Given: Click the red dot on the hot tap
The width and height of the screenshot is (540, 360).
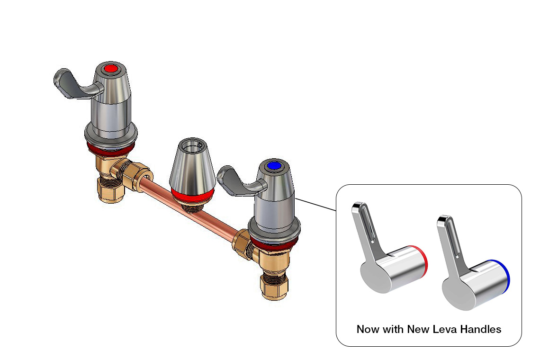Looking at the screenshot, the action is (x=110, y=69).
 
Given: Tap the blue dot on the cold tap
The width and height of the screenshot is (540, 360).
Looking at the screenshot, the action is (x=274, y=166).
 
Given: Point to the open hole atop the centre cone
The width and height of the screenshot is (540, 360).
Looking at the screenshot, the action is (x=192, y=146).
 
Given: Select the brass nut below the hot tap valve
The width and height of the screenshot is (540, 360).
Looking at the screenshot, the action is (x=110, y=189).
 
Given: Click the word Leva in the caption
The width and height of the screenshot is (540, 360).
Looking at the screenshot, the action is (x=445, y=329).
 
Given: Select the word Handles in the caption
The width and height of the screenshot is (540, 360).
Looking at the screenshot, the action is (x=481, y=329).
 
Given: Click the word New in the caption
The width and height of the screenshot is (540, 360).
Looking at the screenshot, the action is (x=418, y=329).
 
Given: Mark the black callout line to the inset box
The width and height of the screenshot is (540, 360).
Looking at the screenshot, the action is (x=315, y=204).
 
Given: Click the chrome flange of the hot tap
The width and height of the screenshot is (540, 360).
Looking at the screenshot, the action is (x=111, y=135).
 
